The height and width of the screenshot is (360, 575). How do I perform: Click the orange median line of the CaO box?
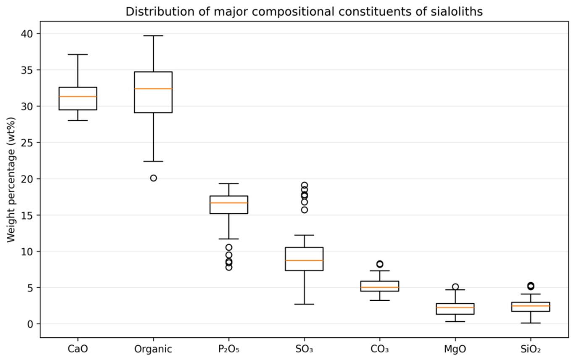point(78,97)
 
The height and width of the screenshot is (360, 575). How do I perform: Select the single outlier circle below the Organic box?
point(153,178)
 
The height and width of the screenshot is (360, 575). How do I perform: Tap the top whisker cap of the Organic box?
point(153,36)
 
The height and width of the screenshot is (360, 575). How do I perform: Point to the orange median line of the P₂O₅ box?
point(229,203)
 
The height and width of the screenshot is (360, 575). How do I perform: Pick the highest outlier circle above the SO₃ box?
point(305,185)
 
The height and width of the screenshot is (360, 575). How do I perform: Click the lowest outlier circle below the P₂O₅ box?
point(229,267)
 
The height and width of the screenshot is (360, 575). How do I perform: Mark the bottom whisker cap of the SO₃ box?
point(304,304)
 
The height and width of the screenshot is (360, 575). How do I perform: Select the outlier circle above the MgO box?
point(455,287)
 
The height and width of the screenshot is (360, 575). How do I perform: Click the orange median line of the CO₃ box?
point(380,287)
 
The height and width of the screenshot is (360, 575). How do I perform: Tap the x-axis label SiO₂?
point(530,349)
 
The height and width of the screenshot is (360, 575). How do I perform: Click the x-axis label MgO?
point(455,349)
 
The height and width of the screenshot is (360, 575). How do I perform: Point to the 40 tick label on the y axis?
point(27,34)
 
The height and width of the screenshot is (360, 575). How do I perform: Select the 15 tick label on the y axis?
point(27,215)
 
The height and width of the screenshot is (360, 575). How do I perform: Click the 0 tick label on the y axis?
point(30,324)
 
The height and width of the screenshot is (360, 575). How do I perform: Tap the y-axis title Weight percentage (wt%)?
point(11,179)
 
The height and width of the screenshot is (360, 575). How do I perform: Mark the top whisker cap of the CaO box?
point(78,55)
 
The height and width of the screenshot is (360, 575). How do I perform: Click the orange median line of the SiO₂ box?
point(530,306)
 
